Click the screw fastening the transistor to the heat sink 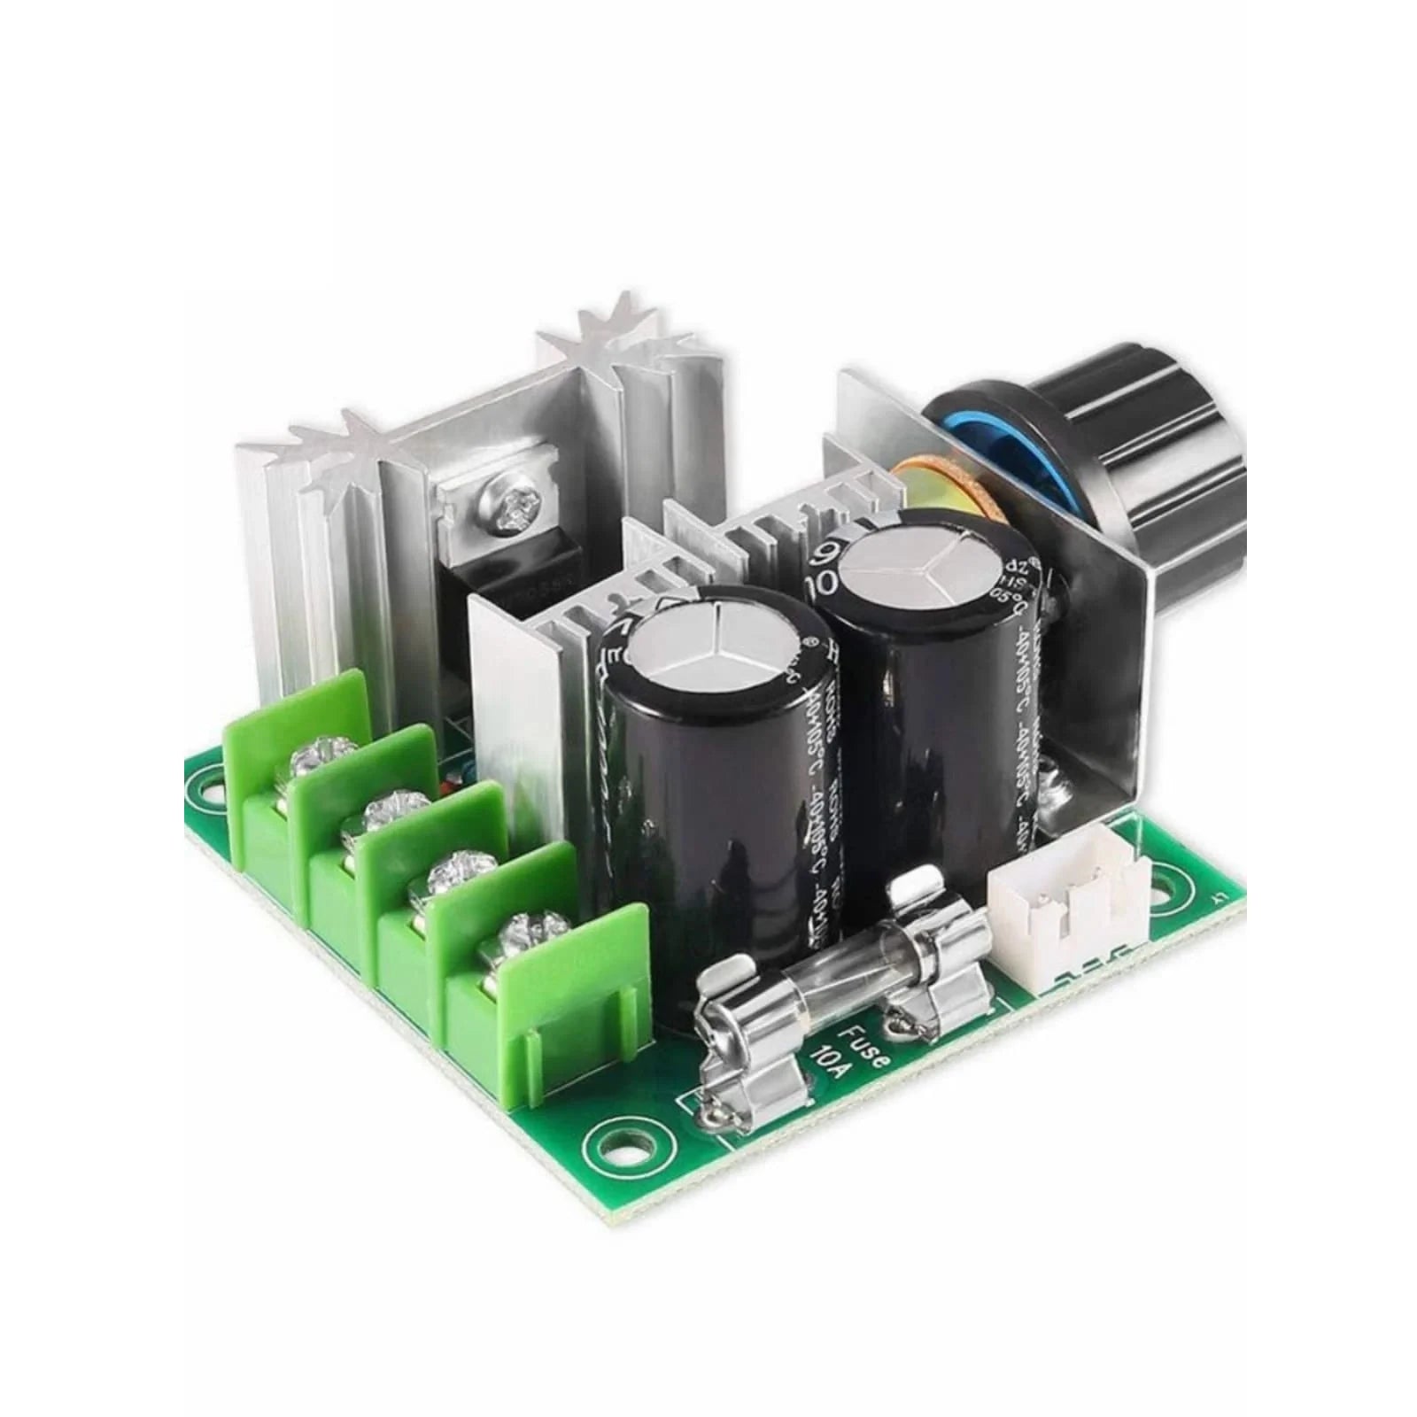500,513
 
